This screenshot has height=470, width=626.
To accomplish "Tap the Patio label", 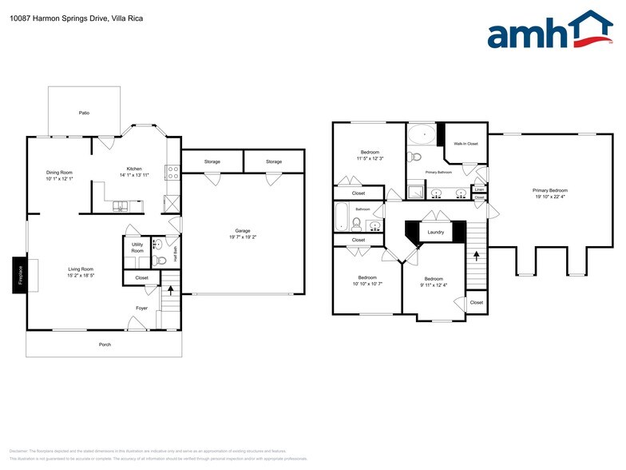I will pos(84,113).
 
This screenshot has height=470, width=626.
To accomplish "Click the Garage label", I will pos(243,230).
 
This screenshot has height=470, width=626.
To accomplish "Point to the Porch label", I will pos(105,345).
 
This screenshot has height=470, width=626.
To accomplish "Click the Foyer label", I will pos(141,306).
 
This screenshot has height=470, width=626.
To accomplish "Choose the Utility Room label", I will pos(137,247).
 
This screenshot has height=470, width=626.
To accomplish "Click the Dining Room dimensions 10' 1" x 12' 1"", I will pos(59,178).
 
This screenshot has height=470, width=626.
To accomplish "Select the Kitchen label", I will pos(134,168).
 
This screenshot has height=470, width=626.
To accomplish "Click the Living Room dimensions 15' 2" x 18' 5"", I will pos(81,276).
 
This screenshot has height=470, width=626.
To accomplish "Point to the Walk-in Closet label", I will pos(466,144).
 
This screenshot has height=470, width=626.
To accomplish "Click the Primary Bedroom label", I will pos(549,189).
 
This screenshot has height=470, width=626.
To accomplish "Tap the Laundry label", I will pos(435,233).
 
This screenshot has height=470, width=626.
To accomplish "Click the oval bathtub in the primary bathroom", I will pos(423,135).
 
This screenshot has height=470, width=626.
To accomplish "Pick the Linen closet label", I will pos(479,189).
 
